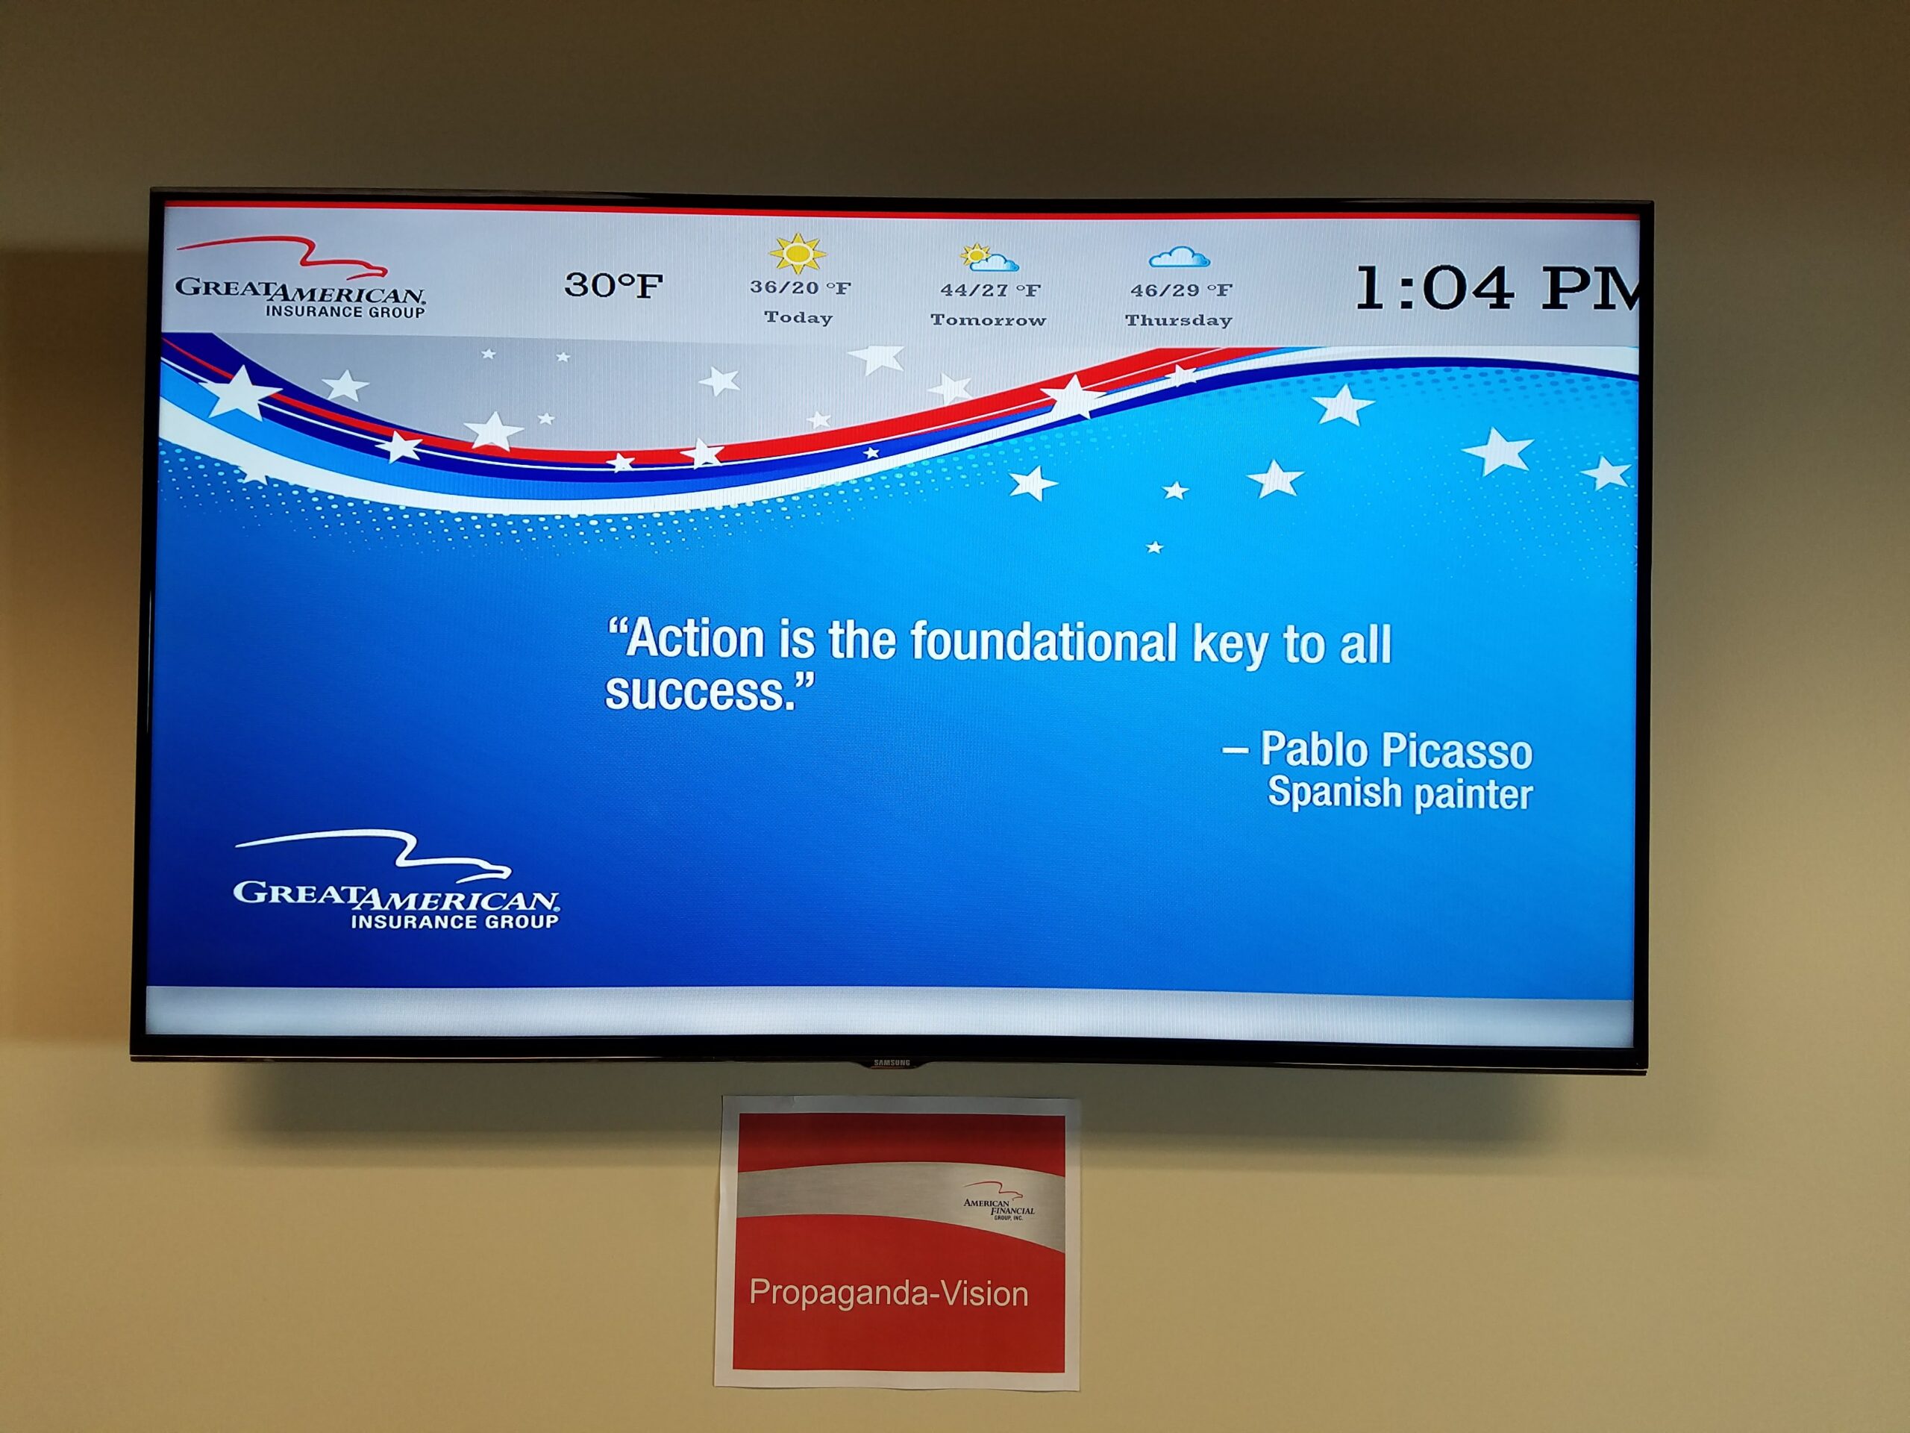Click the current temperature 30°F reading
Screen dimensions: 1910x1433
[614, 285]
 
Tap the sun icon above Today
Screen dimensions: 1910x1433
[797, 253]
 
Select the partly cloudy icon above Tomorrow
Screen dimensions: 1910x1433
[989, 257]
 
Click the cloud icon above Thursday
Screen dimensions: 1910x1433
[1180, 257]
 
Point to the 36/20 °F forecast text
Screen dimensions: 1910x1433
[801, 287]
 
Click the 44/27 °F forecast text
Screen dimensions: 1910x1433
[990, 290]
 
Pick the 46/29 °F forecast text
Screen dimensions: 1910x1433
[1181, 290]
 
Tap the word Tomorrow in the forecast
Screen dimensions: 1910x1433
[989, 319]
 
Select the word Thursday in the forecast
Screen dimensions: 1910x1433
[1179, 320]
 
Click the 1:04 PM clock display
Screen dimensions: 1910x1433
[1498, 287]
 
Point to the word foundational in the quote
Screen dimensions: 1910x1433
[1044, 643]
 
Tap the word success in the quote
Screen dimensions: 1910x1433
[699, 692]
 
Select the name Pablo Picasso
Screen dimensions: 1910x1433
[1396, 750]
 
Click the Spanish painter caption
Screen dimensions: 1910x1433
[1400, 793]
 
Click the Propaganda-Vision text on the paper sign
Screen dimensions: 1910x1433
[889, 1293]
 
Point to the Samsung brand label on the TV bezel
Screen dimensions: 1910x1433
[892, 1064]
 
